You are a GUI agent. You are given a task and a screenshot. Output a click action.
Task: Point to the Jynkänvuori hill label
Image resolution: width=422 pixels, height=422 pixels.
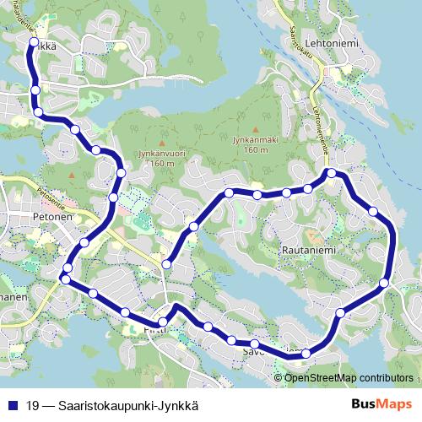coord(160,154)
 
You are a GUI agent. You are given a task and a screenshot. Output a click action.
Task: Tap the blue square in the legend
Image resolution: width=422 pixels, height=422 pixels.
coord(12,405)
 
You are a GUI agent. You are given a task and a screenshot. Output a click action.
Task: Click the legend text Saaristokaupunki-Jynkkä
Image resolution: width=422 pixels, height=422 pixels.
coord(127,405)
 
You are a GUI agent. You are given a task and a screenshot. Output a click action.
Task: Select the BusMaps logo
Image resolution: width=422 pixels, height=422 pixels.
coord(385,404)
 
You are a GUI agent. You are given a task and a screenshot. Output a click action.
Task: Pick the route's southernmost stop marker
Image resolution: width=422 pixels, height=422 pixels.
coord(306,354)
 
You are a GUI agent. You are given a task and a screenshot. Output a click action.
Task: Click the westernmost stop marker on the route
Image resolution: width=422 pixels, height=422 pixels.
coord(65,279)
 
